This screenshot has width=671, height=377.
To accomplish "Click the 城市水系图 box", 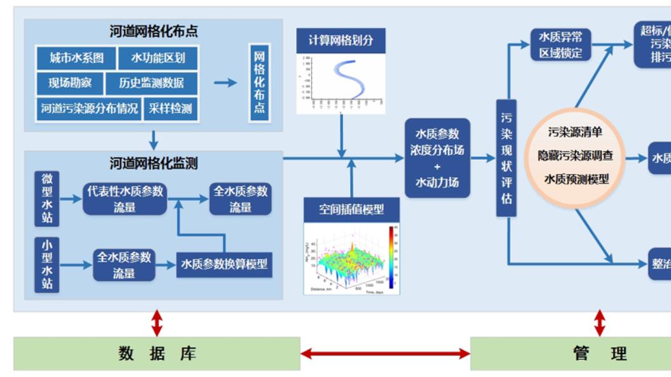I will (x=76, y=58).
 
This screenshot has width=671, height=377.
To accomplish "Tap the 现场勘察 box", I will (x=69, y=83).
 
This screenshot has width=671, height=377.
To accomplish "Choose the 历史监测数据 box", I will (x=152, y=83).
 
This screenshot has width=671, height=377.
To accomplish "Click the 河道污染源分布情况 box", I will (x=89, y=108).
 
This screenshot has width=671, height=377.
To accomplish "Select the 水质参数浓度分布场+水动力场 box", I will (x=437, y=158).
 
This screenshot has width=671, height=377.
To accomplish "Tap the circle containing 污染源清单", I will (x=576, y=155).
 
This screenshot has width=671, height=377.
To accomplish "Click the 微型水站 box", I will (x=47, y=198).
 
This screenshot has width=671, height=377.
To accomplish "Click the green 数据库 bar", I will (x=157, y=354).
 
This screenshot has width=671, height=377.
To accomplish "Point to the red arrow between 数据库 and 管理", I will (x=385, y=354).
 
